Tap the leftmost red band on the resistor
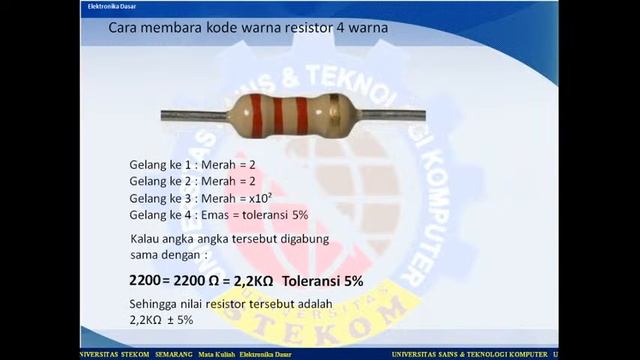pyautogui.click(x=257, y=116)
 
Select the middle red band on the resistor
pyautogui.click(x=279, y=116)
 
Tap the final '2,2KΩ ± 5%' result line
pyautogui.click(x=161, y=319)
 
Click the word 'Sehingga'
pyautogui.click(x=153, y=302)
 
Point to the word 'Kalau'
pyautogui.click(x=147, y=239)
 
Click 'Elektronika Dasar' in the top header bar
pyautogui.click(x=105, y=5)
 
